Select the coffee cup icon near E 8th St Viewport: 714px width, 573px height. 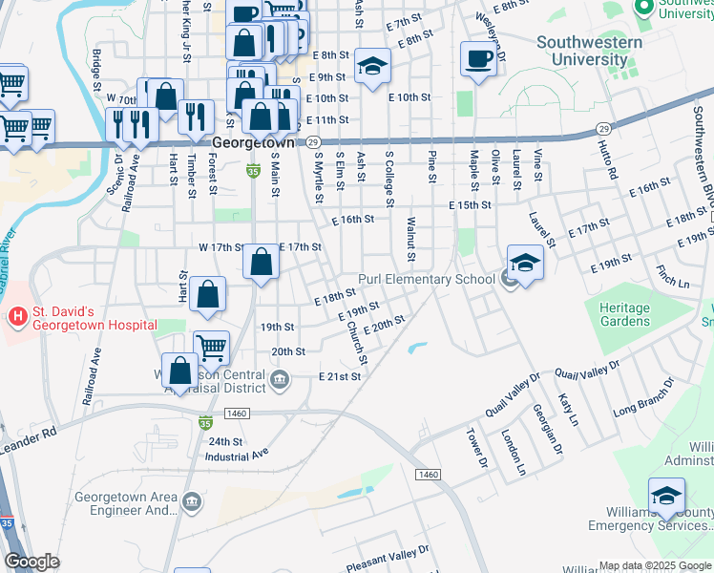pos(478,59)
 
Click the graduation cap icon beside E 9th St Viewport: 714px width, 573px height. pos(372,66)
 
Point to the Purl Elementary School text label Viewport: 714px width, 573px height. pos(427,280)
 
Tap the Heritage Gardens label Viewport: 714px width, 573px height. pos(624,315)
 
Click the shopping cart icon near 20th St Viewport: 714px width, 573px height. pos(211,348)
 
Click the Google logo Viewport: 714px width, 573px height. pos(31,562)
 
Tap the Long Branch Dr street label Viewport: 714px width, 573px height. pos(643,396)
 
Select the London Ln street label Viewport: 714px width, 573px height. pos(514,453)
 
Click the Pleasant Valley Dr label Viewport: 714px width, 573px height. pos(379,557)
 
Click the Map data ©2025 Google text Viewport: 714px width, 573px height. pos(654,565)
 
